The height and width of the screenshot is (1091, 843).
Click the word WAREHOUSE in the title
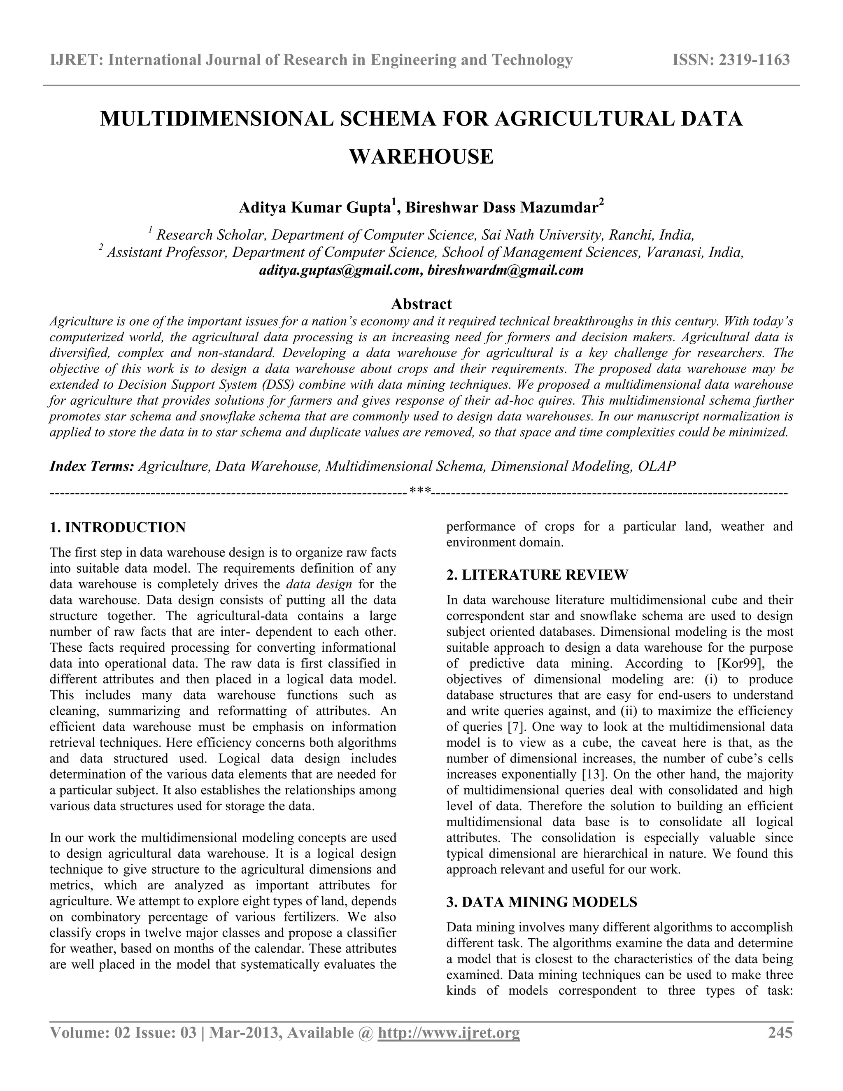point(421,157)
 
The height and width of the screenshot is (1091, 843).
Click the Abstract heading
point(421,304)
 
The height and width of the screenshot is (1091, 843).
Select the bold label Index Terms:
point(92,466)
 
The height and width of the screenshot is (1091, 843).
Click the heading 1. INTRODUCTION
point(118,527)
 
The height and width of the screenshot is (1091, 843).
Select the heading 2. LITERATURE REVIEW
point(537,575)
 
